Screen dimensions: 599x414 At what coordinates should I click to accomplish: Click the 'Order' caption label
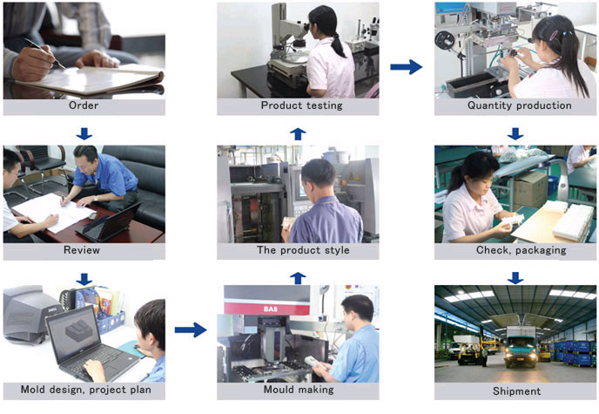coord(84,105)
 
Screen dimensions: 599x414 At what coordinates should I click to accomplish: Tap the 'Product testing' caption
coord(301,105)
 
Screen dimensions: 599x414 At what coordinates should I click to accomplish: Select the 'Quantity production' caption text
coord(519,105)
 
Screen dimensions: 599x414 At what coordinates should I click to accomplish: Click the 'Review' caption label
coord(82,250)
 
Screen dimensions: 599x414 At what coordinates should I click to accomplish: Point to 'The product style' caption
coord(303,250)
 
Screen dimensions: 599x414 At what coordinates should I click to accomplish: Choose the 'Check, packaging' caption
coord(521,250)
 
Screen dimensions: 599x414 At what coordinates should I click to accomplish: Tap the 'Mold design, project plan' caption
coord(85,390)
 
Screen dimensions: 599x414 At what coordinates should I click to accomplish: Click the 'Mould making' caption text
coord(299,390)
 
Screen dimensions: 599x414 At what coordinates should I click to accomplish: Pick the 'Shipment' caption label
coord(516,391)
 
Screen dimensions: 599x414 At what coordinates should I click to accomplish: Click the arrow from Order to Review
coord(84,134)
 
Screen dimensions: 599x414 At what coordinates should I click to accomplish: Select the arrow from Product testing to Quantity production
coord(406,67)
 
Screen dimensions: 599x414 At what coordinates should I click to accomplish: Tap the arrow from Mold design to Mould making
coord(191,329)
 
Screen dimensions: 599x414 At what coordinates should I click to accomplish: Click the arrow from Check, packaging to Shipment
coord(515,278)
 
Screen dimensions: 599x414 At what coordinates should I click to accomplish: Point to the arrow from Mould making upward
coord(298,278)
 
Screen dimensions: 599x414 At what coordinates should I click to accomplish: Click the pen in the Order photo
coord(44,53)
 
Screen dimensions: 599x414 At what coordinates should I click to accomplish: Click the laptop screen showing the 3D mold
coord(73,333)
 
